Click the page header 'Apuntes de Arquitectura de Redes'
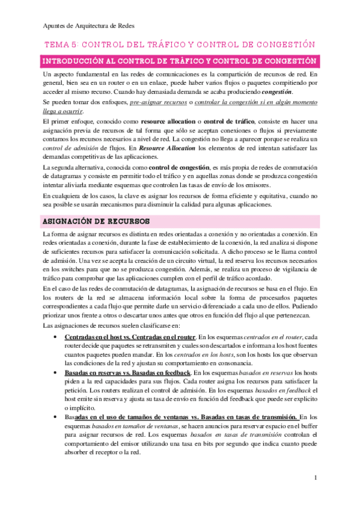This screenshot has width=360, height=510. click(x=90, y=26)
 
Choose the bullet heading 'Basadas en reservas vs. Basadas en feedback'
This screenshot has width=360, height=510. click(x=123, y=373)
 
